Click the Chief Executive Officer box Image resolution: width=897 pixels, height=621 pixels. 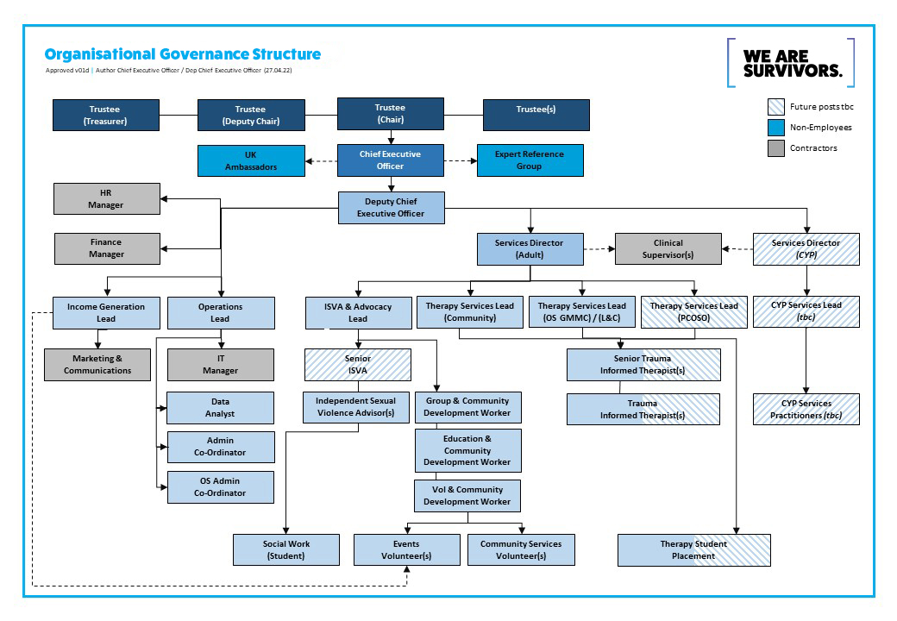390,160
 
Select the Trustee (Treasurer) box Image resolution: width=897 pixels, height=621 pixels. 106,115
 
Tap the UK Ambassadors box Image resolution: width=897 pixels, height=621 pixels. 251,160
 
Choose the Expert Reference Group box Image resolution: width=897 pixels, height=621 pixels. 530,160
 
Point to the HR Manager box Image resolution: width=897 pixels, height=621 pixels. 106,198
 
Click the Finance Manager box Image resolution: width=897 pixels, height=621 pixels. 107,248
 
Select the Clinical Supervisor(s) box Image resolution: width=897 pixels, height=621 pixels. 668,248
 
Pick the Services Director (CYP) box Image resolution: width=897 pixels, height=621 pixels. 806,248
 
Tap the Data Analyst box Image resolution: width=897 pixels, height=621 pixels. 220,408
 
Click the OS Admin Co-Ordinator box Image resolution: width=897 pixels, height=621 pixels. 221,487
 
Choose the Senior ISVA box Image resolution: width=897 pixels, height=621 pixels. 358,365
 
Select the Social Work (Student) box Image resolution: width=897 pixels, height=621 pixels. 286,550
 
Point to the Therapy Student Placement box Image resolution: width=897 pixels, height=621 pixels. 694,550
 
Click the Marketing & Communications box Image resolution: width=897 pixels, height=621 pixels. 97,365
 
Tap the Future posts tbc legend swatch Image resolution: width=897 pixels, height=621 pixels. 775,107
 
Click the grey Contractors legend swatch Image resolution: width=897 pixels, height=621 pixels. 775,148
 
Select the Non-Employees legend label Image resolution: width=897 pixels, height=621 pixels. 821,128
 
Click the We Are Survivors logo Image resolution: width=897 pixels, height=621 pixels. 791,63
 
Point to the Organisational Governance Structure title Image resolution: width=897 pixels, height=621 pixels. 183,54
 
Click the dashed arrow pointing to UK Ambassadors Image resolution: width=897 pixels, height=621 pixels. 322,161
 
